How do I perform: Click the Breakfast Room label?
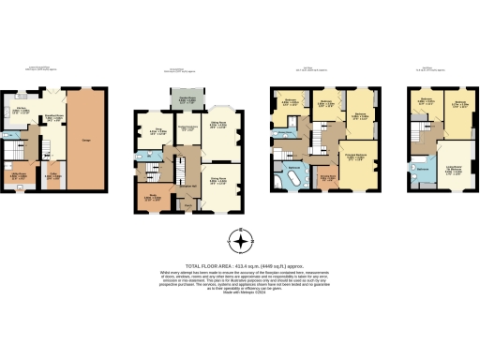tap(59, 116)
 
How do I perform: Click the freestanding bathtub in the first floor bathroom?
tap(292, 176)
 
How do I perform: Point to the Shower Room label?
tap(282, 132)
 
